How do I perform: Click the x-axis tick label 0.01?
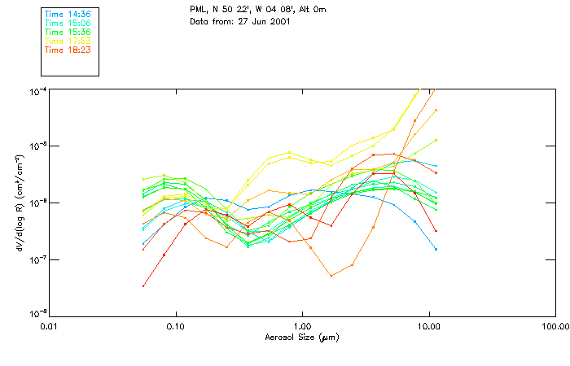50,326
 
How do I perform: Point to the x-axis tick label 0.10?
176,326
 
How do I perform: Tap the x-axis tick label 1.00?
302,326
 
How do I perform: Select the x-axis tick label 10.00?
428,326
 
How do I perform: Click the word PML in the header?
198,9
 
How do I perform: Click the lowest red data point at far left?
143,285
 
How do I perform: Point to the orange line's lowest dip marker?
331,276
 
